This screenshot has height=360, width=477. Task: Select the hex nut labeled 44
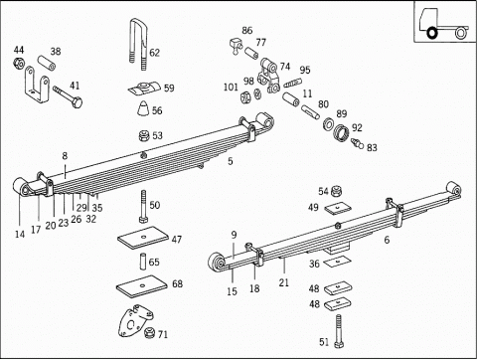click(x=19, y=63)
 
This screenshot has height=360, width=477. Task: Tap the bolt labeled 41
click(x=68, y=96)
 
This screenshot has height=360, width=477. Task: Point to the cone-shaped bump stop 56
click(x=143, y=107)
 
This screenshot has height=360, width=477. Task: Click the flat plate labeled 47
click(x=144, y=238)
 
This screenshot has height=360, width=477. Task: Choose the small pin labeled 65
click(x=143, y=262)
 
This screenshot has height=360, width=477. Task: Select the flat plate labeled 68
click(x=142, y=286)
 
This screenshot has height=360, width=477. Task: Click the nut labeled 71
click(x=150, y=332)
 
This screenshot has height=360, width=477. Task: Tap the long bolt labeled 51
click(x=338, y=331)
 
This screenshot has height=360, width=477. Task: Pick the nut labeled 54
click(x=337, y=191)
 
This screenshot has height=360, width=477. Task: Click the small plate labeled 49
click(x=338, y=208)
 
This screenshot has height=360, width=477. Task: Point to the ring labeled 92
click(x=342, y=132)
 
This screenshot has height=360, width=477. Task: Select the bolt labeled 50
click(x=143, y=207)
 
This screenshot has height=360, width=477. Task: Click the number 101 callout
click(x=231, y=87)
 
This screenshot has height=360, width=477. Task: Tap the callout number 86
click(x=247, y=30)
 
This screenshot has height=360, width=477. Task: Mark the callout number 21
click(x=284, y=282)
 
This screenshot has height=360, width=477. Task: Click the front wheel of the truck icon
click(x=431, y=33)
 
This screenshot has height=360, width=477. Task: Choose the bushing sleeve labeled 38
click(x=46, y=63)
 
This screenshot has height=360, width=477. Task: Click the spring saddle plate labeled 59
click(x=145, y=89)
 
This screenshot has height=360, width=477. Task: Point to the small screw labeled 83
click(x=358, y=143)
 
